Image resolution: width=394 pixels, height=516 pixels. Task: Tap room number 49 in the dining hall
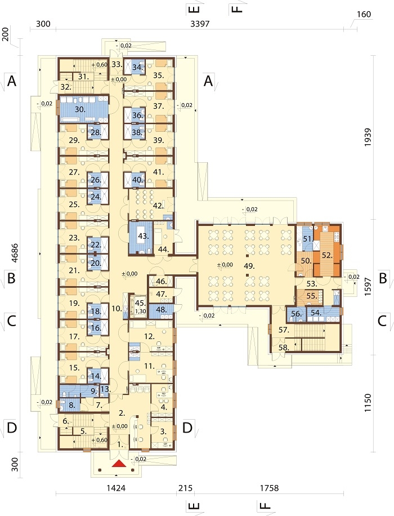click(249, 266)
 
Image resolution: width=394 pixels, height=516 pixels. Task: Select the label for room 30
click(80, 110)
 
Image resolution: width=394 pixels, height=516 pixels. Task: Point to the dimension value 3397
click(200, 24)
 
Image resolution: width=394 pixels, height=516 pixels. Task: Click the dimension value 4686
click(14, 253)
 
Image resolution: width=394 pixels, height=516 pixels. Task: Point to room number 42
click(158, 206)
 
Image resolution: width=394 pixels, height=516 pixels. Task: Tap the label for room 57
click(284, 330)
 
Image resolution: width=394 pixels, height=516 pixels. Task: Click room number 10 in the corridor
click(117, 308)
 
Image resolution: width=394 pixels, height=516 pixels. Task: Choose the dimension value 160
click(363, 15)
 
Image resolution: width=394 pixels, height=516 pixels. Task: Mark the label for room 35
click(158, 75)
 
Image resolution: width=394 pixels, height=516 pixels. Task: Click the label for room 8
click(71, 406)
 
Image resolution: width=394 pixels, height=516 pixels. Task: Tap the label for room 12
click(149, 336)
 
